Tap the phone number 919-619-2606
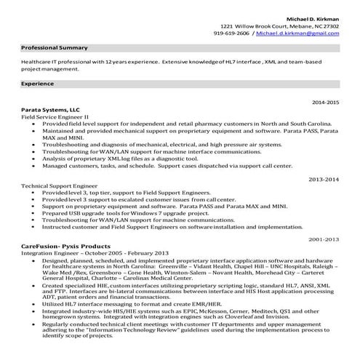[232, 33]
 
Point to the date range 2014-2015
[324, 103]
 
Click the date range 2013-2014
[324, 178]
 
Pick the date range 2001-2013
[324, 239]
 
